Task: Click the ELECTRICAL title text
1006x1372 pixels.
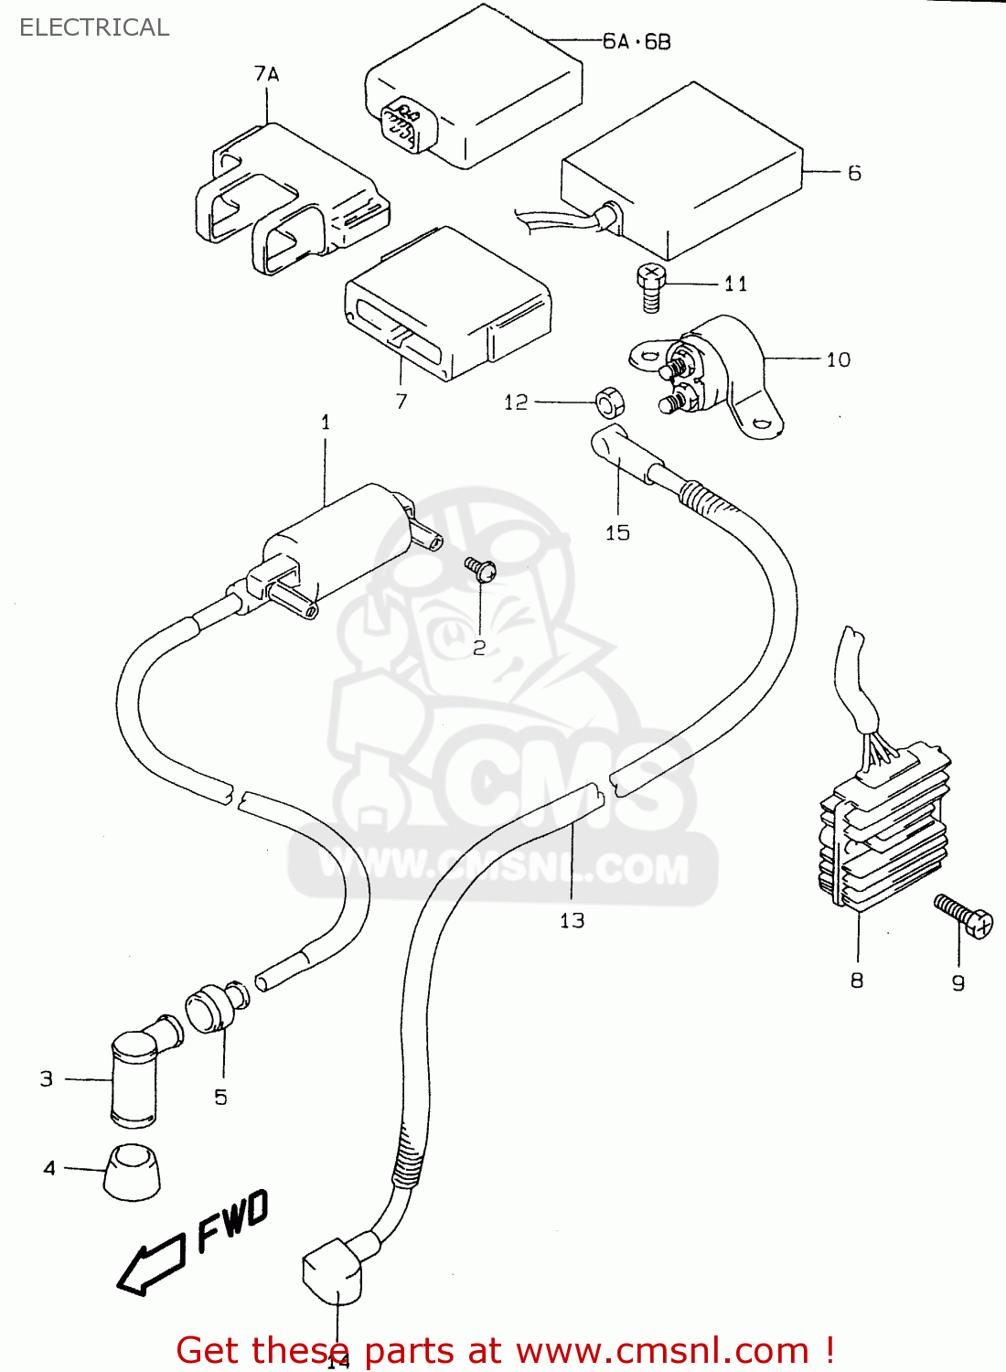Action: [x=94, y=27]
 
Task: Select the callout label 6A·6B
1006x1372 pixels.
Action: [x=637, y=41]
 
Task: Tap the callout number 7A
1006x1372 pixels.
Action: [x=266, y=74]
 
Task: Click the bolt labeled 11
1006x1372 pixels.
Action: [x=650, y=287]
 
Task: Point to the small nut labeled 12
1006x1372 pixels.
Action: [x=607, y=401]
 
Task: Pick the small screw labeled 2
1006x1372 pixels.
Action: [x=480, y=570]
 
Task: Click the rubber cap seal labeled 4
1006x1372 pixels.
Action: [x=132, y=1171]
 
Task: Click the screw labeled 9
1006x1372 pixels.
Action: [x=964, y=916]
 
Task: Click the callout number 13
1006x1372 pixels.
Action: [x=572, y=920]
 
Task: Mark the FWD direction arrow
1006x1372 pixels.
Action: [x=151, y=1266]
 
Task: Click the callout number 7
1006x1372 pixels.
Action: [x=401, y=401]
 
